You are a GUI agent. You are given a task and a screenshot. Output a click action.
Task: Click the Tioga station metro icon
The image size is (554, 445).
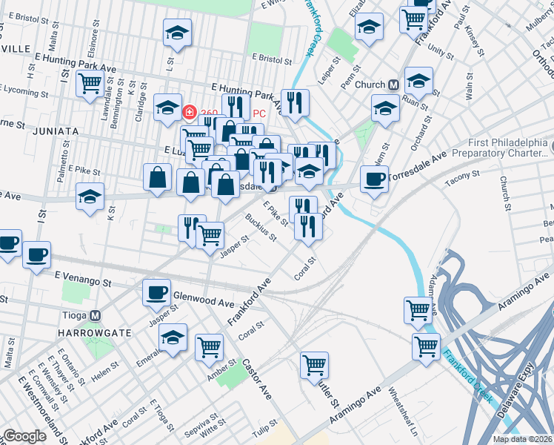coord(95,314)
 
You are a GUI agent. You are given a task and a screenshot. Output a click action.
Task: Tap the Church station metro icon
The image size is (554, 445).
coord(393,85)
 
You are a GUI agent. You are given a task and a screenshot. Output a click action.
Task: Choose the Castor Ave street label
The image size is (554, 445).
coord(257,379)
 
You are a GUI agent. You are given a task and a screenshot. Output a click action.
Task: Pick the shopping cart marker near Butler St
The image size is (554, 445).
coord(315,364)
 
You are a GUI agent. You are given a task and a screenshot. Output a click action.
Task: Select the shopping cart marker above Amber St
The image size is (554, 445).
coord(210,346)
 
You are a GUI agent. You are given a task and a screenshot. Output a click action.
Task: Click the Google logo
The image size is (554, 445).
coord(24,436)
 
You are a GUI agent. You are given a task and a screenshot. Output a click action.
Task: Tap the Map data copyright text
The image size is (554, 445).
coord(523,439)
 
